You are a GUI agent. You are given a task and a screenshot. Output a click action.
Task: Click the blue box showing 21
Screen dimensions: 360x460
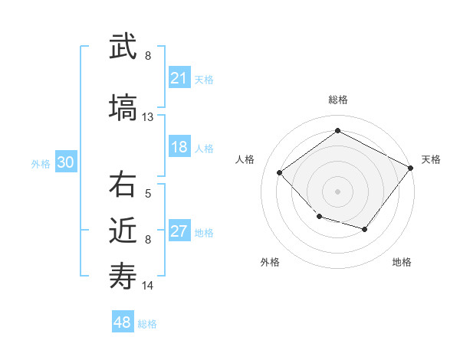[x=179, y=78]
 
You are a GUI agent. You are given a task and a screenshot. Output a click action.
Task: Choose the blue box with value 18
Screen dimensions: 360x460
[x=179, y=148]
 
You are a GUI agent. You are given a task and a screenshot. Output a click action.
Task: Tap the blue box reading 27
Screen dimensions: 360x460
[x=179, y=232]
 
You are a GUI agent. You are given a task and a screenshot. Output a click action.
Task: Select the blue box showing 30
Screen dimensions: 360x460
[x=65, y=163]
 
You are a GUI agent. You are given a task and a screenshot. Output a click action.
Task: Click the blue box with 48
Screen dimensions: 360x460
[x=123, y=322]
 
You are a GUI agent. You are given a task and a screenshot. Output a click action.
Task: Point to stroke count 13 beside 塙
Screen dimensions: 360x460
[x=148, y=117]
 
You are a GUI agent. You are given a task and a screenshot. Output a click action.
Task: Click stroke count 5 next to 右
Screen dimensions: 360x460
[x=148, y=194]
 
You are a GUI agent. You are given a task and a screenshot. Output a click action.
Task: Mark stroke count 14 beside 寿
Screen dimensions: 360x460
[x=148, y=286]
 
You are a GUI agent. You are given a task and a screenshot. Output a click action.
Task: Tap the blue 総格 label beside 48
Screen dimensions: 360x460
[x=147, y=324]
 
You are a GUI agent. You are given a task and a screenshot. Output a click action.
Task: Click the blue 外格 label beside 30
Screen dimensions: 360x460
[x=41, y=164]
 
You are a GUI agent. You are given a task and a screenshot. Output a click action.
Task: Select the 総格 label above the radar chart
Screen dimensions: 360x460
[x=338, y=100]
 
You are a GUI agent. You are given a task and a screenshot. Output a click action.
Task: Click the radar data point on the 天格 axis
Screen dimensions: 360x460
[x=411, y=168]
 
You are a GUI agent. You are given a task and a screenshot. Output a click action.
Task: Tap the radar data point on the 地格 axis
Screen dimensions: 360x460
[x=365, y=229]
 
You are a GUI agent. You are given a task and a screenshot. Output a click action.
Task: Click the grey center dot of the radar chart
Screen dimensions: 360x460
[x=337, y=191]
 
